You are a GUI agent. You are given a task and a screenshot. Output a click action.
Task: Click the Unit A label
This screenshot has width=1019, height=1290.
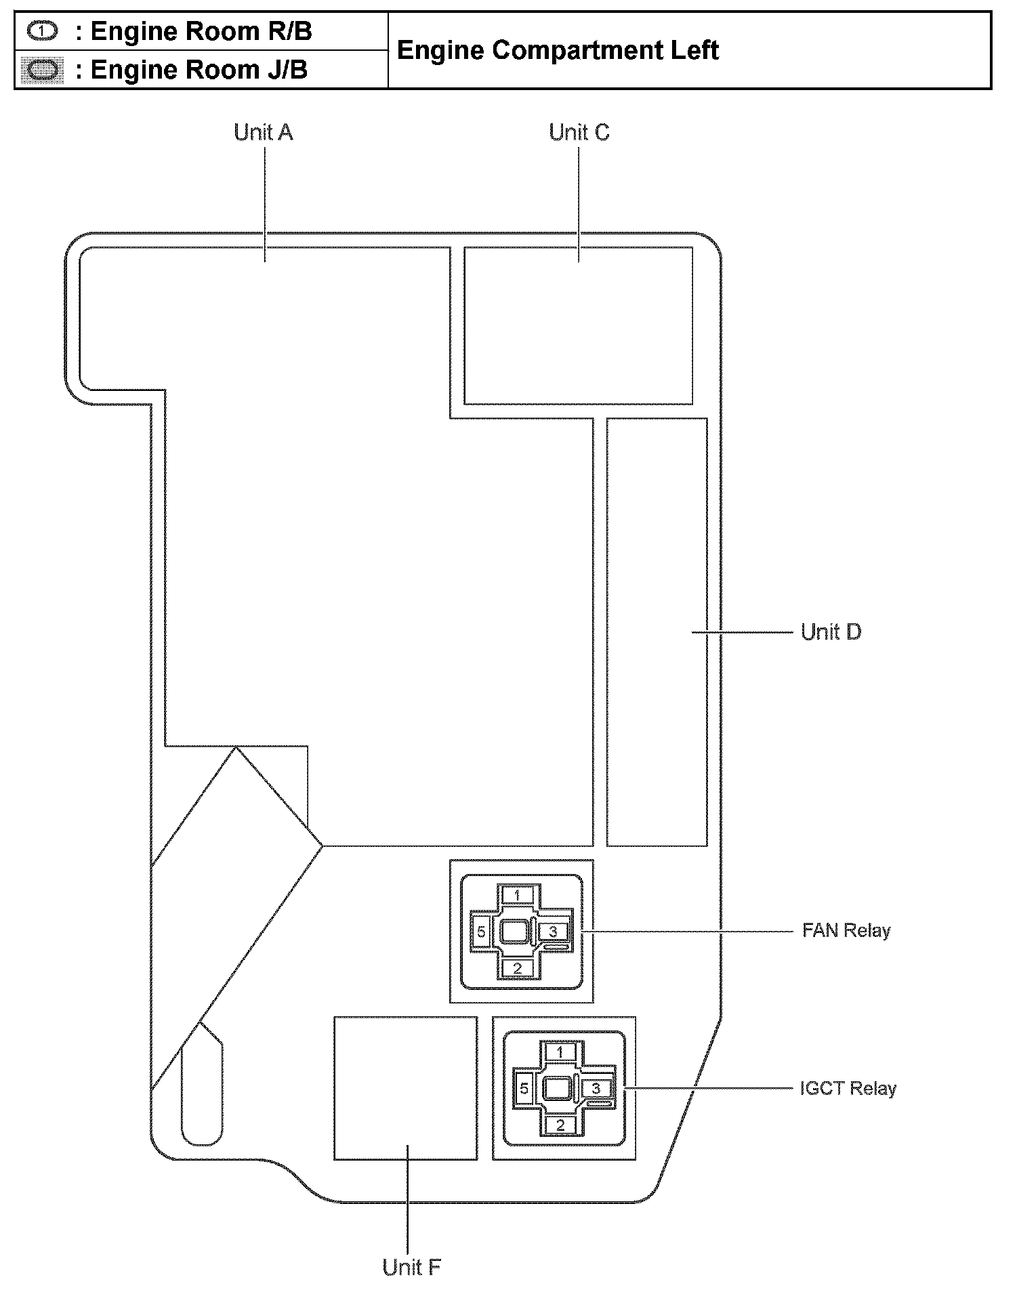coord(263,132)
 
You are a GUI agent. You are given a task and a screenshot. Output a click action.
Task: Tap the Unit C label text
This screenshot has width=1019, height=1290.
coord(579,132)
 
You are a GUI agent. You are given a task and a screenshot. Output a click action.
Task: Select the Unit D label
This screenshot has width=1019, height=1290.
coord(831,632)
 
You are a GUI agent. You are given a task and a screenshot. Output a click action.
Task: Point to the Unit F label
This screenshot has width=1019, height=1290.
coord(411,1267)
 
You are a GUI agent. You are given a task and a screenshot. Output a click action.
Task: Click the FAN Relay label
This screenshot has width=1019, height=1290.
coord(846,931)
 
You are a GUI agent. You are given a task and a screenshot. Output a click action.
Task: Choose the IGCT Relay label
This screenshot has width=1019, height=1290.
coord(848,1089)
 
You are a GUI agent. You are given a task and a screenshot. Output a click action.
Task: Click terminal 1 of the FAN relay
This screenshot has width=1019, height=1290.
coord(518,896)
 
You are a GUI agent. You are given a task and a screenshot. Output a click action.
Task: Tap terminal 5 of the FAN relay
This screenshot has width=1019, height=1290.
coord(481,932)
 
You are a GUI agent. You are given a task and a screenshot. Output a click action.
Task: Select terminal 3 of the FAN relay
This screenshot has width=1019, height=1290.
coord(554,932)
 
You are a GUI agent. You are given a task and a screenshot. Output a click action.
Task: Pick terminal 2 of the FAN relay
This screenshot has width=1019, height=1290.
coord(518,968)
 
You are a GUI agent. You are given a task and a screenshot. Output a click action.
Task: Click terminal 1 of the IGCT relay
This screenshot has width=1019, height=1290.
coord(560,1052)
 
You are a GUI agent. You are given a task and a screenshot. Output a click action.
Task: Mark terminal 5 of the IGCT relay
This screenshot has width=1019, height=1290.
coord(524,1089)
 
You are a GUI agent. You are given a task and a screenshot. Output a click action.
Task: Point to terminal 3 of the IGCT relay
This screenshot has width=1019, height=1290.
coord(596,1089)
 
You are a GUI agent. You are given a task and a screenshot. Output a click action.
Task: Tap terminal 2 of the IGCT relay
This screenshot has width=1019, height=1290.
coord(560,1125)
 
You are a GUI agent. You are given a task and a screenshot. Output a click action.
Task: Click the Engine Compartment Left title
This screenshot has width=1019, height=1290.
coord(557,51)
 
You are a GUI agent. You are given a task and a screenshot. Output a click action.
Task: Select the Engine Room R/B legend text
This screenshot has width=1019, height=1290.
coord(201,32)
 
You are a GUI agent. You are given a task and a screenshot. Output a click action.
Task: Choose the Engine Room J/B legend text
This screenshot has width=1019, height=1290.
coord(199,70)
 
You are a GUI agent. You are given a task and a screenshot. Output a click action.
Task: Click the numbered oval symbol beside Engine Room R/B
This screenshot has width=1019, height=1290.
coord(43,31)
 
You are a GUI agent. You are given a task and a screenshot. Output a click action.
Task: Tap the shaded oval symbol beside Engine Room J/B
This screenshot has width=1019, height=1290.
coord(43,70)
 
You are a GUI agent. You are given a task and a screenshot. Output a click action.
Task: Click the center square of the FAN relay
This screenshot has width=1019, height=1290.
coord(515,932)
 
